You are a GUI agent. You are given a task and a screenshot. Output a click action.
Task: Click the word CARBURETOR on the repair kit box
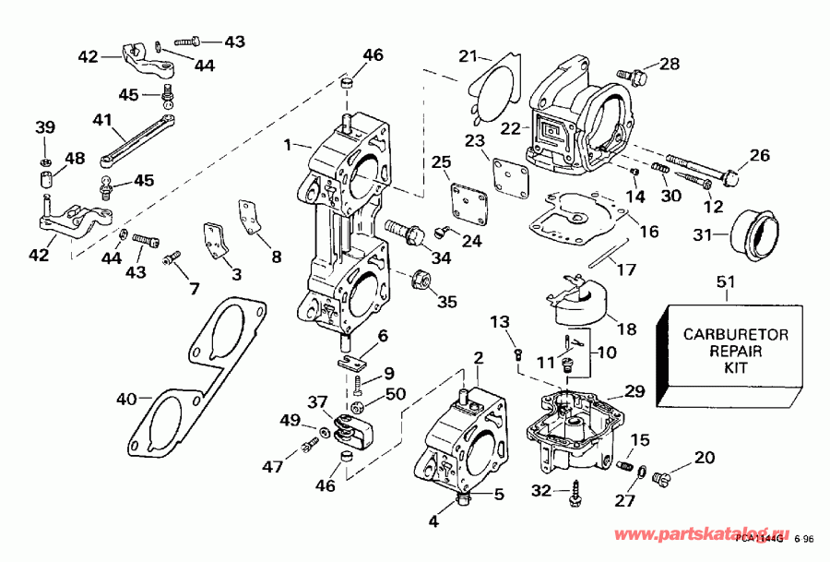[x=735, y=335]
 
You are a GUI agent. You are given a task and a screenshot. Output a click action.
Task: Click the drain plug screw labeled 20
[x=661, y=477]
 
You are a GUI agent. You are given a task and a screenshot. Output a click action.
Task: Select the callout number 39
[x=43, y=127]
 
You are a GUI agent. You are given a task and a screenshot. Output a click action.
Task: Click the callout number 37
[x=318, y=401]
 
